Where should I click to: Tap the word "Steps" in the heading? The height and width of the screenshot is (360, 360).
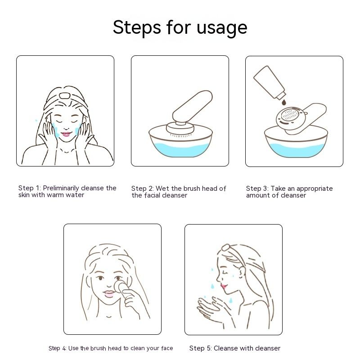click(137, 27)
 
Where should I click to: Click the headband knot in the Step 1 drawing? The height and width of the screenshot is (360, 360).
click(64, 95)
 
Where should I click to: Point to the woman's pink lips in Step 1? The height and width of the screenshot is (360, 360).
click(66, 134)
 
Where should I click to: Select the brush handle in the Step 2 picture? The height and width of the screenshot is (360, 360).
click(193, 106)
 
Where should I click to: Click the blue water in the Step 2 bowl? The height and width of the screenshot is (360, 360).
click(181, 149)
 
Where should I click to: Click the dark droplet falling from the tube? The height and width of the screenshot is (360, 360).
click(284, 102)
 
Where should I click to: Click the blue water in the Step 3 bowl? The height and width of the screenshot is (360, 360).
click(296, 150)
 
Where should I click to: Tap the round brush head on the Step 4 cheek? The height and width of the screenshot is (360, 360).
click(121, 287)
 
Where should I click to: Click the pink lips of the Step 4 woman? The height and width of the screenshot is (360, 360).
click(108, 294)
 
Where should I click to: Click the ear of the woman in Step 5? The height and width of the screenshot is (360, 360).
click(242, 273)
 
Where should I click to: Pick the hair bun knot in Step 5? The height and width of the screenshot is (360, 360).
click(225, 247)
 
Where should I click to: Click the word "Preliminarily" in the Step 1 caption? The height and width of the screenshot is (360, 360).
click(61, 188)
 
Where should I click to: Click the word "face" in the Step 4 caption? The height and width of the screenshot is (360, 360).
click(167, 348)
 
